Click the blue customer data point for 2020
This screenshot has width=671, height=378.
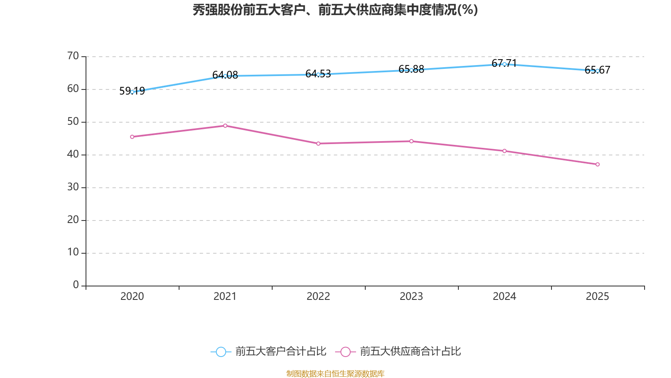coord(132,92)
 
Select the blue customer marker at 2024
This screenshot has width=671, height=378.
coord(505,64)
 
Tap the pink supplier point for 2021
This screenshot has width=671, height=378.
coord(225,126)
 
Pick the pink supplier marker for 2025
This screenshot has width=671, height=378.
coord(598,164)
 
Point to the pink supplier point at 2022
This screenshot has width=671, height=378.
coord(318,144)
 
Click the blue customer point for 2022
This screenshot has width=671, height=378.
coord(318,74)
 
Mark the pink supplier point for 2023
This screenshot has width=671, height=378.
coord(411,141)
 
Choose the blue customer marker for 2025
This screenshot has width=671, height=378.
coord(598,71)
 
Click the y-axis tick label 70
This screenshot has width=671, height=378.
coord(73,56)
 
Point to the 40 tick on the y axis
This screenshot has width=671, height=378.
coord(73,154)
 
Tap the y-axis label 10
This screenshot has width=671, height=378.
coord(73,252)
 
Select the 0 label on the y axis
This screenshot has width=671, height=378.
coord(76,285)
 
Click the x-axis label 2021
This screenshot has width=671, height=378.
coord(225,297)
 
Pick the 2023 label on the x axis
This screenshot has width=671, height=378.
coord(411,297)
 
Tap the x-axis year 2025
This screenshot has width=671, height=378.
coord(598,297)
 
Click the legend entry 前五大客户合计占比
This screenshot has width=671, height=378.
coord(281,352)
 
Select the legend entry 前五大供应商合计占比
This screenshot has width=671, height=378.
coord(410,352)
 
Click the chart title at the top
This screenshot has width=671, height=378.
coord(335,10)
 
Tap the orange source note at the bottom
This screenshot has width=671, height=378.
coord(335,373)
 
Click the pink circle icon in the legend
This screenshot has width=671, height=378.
coord(346,352)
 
